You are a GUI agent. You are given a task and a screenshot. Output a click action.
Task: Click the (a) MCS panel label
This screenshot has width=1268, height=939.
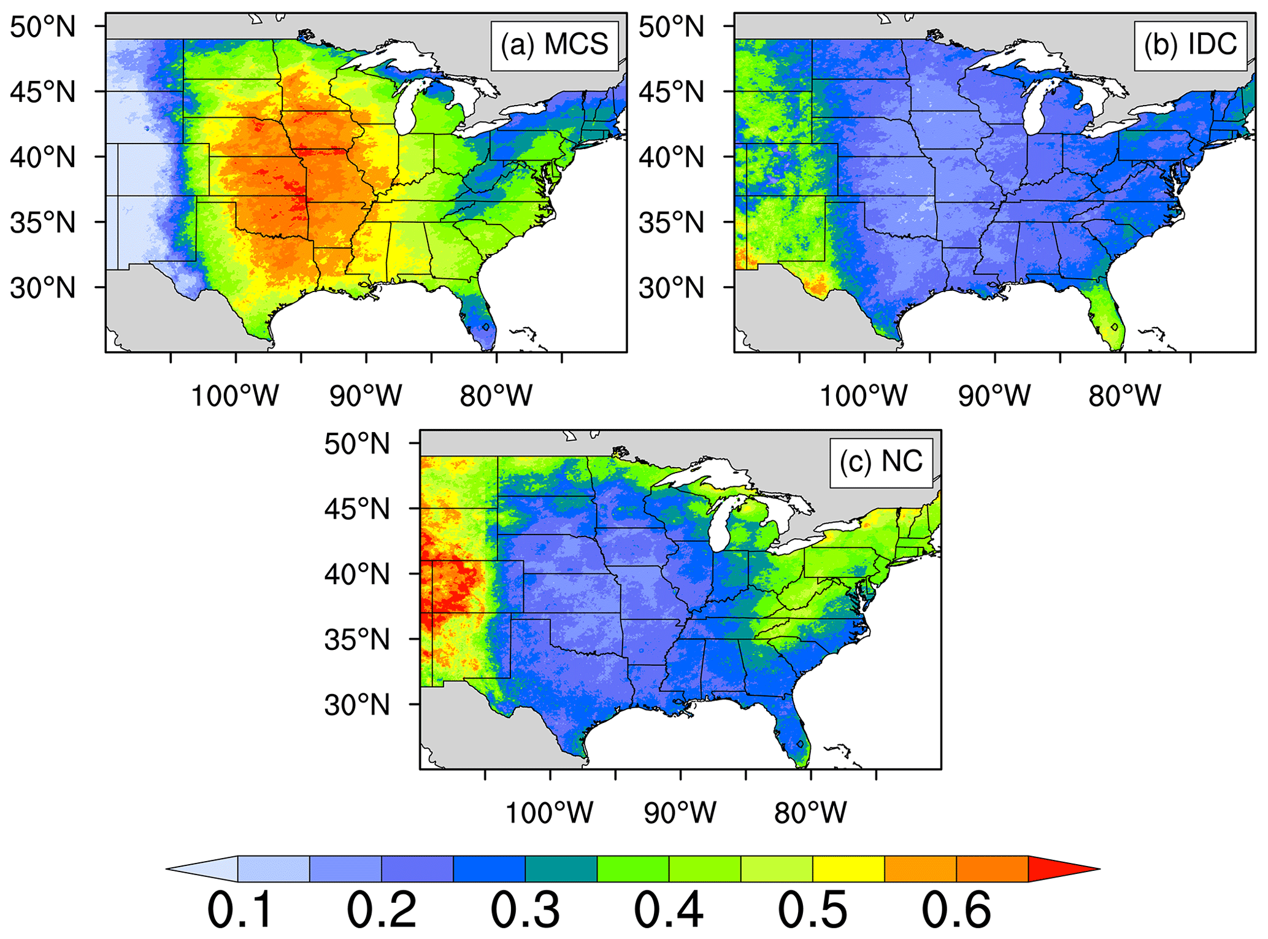554,45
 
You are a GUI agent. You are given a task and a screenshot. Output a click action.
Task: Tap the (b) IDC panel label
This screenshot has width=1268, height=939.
1190,45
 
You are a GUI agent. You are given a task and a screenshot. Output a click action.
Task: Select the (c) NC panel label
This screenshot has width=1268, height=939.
881,462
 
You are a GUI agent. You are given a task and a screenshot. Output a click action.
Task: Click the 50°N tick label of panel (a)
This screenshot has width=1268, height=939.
43,27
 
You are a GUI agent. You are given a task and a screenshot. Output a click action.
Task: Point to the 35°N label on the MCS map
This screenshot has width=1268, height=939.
43,222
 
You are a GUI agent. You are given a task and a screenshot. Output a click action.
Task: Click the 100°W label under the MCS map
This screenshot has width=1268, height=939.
235,396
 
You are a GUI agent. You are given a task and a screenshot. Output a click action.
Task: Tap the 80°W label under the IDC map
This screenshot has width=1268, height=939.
1124,396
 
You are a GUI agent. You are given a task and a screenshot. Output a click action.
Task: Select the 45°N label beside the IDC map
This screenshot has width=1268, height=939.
672,92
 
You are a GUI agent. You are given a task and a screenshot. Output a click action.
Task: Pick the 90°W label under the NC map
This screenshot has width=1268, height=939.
680,813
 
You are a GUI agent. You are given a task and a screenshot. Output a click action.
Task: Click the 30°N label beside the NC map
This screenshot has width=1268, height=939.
357,705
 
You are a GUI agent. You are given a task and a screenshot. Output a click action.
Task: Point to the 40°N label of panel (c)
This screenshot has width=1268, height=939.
357,574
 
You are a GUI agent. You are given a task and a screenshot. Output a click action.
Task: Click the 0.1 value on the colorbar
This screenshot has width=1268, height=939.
239,910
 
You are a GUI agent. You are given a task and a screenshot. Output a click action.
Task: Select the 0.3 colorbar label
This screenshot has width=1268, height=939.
525,910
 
